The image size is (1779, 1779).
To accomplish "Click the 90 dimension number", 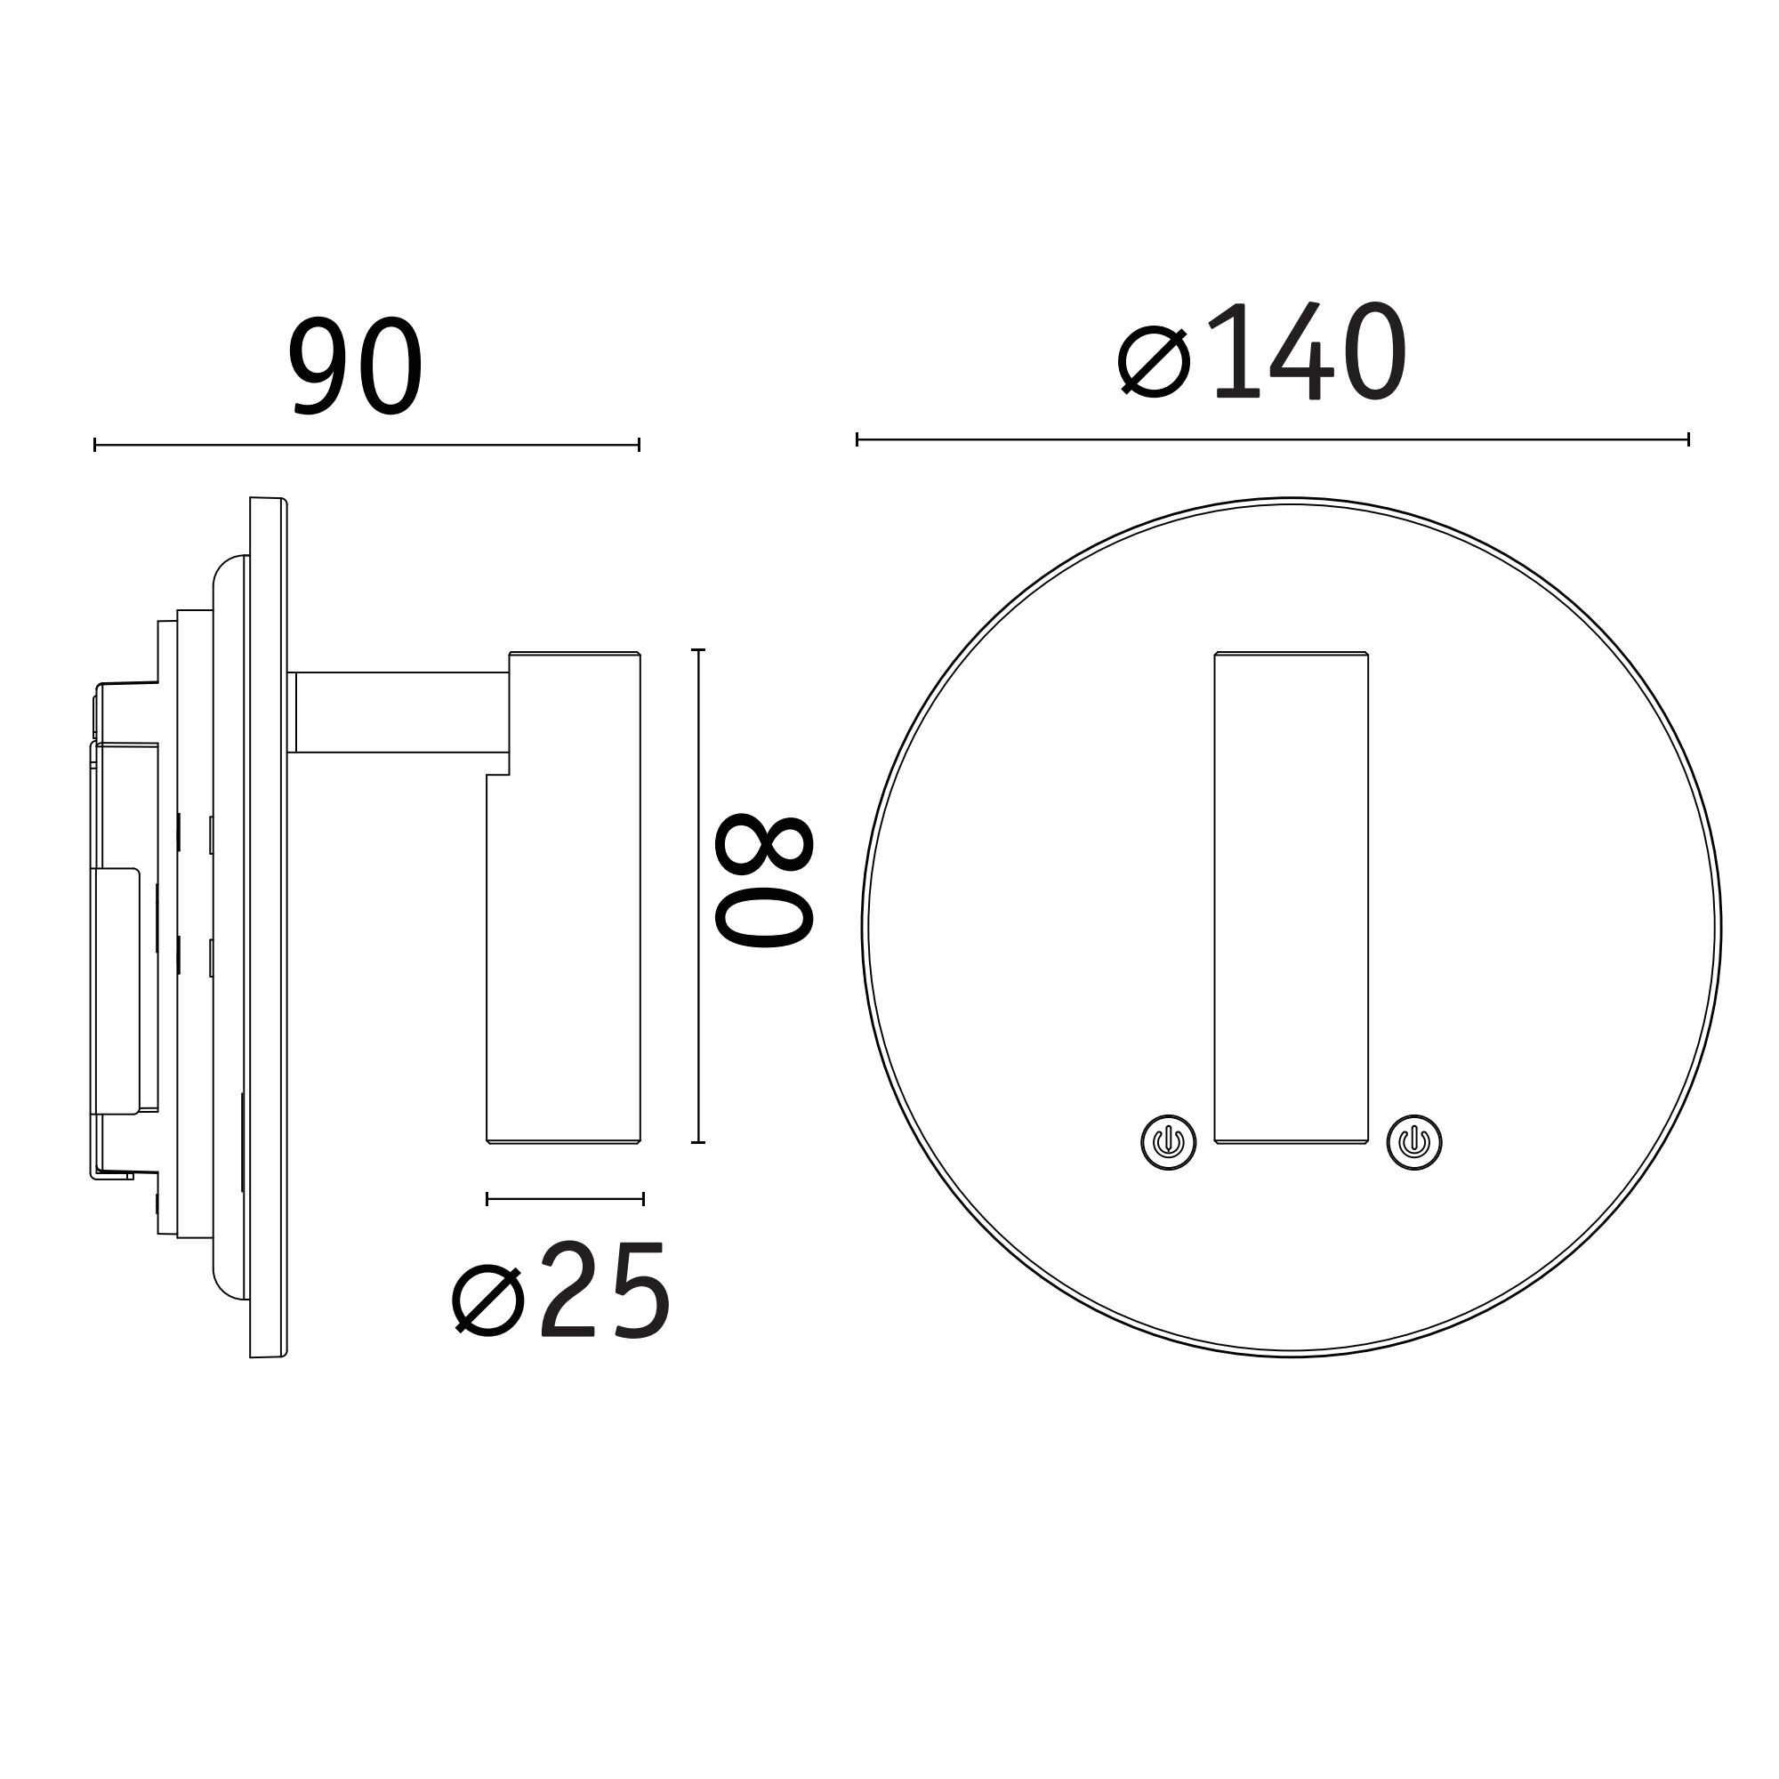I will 356,366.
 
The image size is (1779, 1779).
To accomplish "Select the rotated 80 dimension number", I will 764,881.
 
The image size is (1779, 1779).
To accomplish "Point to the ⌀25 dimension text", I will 560,1292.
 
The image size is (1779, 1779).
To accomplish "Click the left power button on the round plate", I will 1169,1143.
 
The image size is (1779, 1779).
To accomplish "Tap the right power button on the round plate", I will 1413,1143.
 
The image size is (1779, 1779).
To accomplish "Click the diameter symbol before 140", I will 1154,362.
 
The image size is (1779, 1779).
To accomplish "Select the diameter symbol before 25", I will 488,1300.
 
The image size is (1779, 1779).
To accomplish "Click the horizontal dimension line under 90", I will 366,446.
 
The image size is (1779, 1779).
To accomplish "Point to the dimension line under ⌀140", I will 1272,440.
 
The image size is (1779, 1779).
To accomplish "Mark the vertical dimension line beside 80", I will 699,896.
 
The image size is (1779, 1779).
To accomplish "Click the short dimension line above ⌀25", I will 565,1199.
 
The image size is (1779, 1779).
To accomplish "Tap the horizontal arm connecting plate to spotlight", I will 400,712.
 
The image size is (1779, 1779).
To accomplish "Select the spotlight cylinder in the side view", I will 564,958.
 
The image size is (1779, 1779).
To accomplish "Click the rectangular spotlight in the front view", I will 1291,898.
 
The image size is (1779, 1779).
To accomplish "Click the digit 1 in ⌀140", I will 1236,352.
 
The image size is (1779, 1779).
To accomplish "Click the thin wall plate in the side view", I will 268,927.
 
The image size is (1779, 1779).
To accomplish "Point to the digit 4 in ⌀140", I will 1301,352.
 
